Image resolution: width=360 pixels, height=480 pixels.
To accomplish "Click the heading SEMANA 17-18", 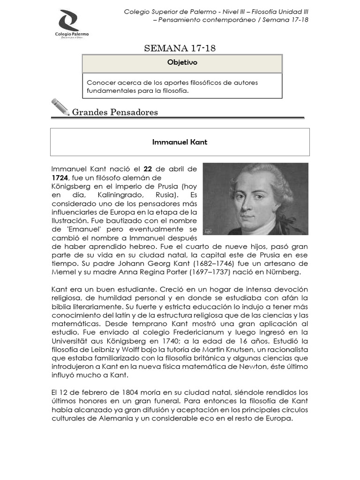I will (180, 48).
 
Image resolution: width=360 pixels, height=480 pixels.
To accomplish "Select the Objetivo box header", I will (182, 62).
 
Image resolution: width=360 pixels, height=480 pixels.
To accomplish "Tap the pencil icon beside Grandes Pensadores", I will (60, 107).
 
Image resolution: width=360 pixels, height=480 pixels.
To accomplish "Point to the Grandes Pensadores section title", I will (115, 112).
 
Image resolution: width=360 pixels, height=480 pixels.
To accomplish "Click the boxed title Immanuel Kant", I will (180, 142).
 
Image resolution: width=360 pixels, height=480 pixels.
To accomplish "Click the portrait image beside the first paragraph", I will (255, 199).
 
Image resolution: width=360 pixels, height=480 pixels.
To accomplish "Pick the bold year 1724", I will (60, 178).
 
